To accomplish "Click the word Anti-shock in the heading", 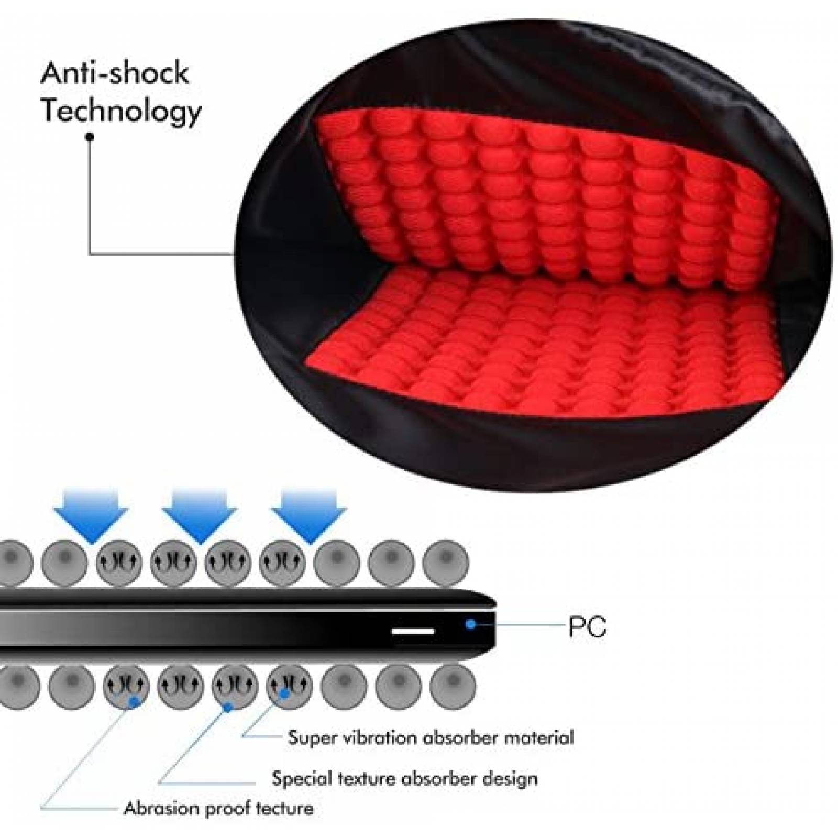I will (x=114, y=73).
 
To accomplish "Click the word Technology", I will (x=121, y=112).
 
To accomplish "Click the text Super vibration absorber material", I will (x=431, y=738).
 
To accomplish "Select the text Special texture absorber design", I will (x=404, y=778).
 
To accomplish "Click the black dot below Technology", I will (x=90, y=137).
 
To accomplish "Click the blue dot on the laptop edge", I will (x=471, y=624).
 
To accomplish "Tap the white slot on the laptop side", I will (x=413, y=632).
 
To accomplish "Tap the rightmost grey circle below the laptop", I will (x=453, y=687).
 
